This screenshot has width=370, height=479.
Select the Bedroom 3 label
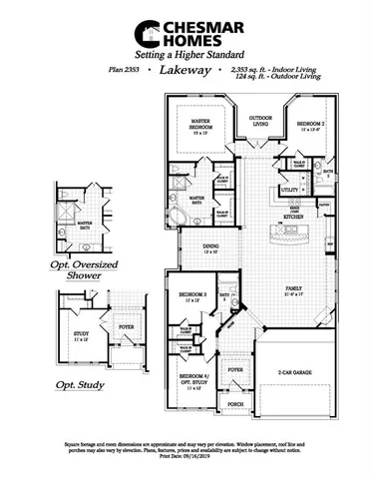(x=191, y=296)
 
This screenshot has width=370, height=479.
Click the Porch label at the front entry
(x=235, y=405)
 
